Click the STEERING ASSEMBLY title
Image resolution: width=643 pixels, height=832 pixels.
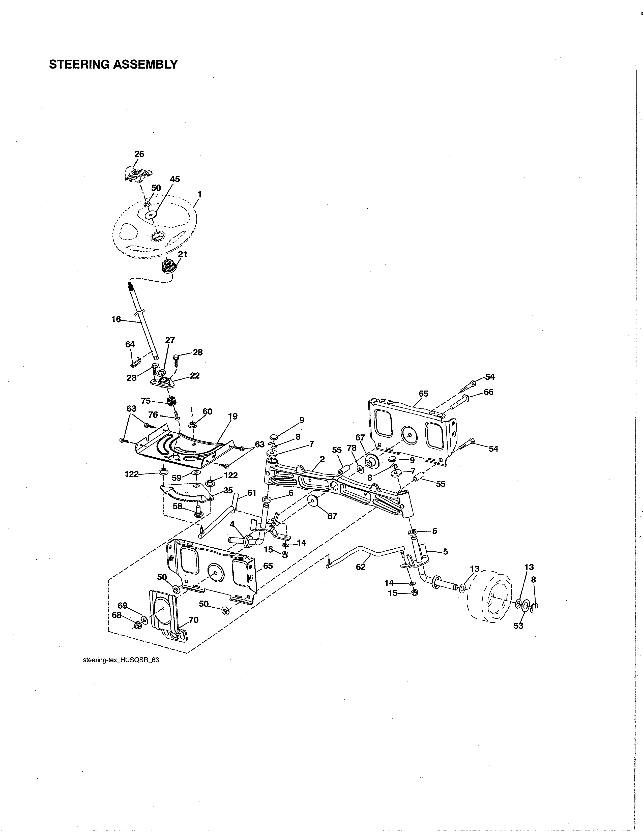pyautogui.click(x=113, y=64)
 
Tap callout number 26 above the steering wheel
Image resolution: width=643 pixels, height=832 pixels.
pyautogui.click(x=139, y=154)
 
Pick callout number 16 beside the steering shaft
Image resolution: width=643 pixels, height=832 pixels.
pyautogui.click(x=116, y=319)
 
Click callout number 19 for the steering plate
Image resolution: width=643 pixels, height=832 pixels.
pyautogui.click(x=232, y=417)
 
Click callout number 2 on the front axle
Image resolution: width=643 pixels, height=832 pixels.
pyautogui.click(x=322, y=459)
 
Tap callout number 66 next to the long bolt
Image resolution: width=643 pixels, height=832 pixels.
pyautogui.click(x=488, y=392)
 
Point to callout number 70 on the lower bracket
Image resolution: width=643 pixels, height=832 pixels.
pyautogui.click(x=193, y=620)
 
